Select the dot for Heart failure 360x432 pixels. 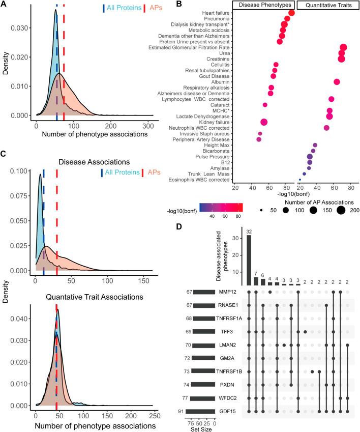[291, 13]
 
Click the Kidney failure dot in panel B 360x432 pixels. [264, 122]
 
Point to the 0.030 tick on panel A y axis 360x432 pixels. [22, 29]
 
